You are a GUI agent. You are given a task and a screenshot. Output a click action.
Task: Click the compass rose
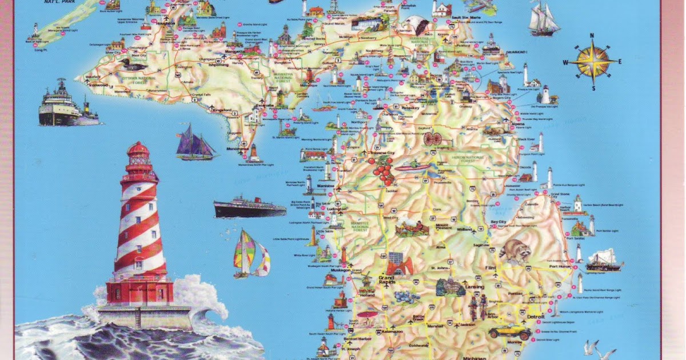point(593,62)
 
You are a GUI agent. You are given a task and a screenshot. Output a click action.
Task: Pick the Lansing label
point(474,286)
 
